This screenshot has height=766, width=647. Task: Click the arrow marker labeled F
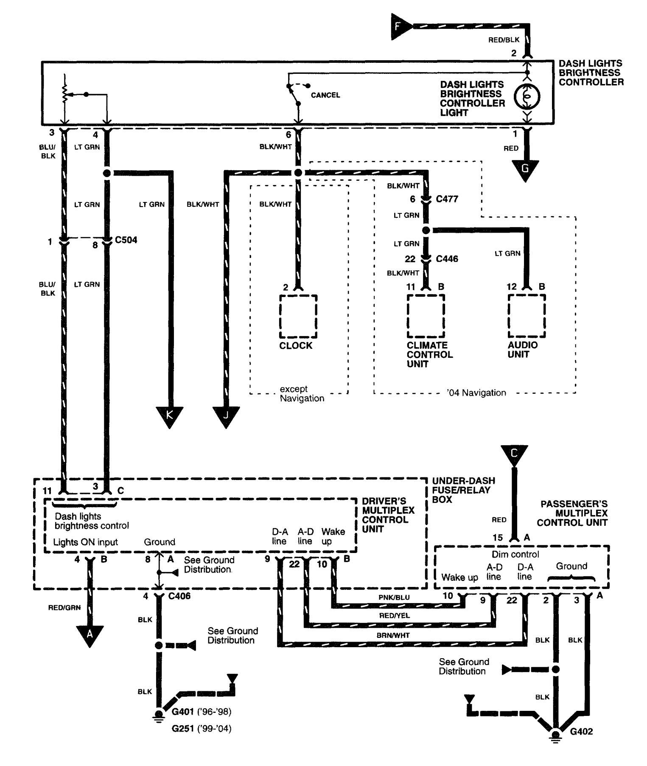click(x=400, y=27)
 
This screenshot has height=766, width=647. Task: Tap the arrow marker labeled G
click(x=525, y=169)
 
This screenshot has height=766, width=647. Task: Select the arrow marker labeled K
click(x=169, y=415)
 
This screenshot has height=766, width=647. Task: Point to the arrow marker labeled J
click(x=226, y=415)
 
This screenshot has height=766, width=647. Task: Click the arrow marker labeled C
click(x=514, y=455)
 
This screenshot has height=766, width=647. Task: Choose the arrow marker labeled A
click(x=90, y=634)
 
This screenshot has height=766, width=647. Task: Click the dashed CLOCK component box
click(x=298, y=316)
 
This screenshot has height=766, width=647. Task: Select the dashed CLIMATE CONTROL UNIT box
click(x=426, y=316)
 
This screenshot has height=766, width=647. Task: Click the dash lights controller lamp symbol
click(x=527, y=97)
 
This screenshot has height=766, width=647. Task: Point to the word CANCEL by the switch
click(x=325, y=95)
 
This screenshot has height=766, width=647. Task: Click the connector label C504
click(x=126, y=240)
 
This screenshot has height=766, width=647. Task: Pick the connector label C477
click(x=447, y=199)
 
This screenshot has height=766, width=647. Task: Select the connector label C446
click(x=447, y=259)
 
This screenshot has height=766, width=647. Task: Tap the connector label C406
click(x=179, y=596)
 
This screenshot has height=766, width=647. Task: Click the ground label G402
click(x=581, y=732)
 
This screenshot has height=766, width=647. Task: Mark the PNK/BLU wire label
click(x=394, y=598)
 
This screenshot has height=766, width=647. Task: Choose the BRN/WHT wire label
click(x=393, y=635)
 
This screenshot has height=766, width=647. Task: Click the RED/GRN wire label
click(x=64, y=608)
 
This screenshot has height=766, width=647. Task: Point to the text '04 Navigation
click(x=476, y=393)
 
